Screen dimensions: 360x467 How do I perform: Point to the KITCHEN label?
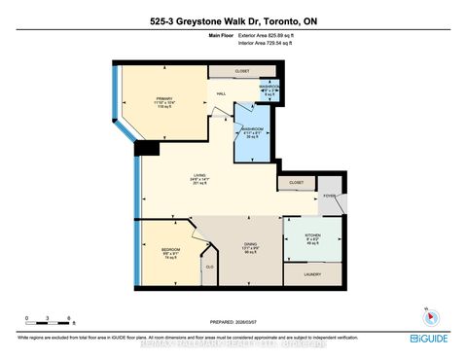tap(312, 238)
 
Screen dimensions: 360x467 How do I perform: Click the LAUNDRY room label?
tap(312, 275)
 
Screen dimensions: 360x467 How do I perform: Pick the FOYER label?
tap(329, 195)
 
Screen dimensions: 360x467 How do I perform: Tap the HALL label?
tap(221, 93)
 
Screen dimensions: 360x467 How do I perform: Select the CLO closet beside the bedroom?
tap(208, 267)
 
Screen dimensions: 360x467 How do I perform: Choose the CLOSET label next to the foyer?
tap(295, 182)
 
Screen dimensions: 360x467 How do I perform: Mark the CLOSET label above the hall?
tap(242, 72)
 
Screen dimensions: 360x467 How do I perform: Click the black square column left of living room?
tap(147, 149)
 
